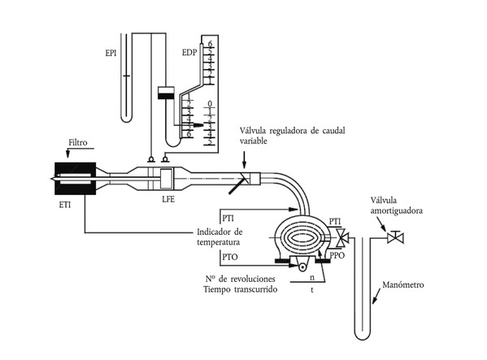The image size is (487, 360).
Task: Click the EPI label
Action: [x=111, y=53]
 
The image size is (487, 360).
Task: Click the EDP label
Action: [x=189, y=52]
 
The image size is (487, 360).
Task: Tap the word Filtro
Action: [x=78, y=142]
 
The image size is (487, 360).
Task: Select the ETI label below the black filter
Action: [x=64, y=205]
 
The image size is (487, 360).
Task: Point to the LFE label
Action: [x=168, y=199]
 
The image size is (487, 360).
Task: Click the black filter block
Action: [x=75, y=179]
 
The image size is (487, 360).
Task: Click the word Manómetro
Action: [x=402, y=284]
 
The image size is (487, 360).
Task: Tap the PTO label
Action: [x=230, y=257]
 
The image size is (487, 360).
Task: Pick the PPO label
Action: [x=337, y=255]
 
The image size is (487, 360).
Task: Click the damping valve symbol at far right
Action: [x=395, y=238]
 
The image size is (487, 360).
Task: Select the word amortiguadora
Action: [x=396, y=210]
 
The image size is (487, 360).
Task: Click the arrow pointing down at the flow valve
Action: [x=244, y=160]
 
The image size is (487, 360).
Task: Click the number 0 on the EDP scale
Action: [x=210, y=103]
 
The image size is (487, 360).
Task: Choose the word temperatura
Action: [x=219, y=242]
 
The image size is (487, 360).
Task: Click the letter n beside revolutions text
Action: [x=312, y=277]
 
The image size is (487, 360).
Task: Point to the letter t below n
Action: [x=312, y=290]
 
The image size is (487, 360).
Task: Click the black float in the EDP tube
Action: [x=167, y=96]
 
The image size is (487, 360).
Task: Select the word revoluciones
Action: [x=251, y=279]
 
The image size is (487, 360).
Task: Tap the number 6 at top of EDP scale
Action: [x=210, y=44]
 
